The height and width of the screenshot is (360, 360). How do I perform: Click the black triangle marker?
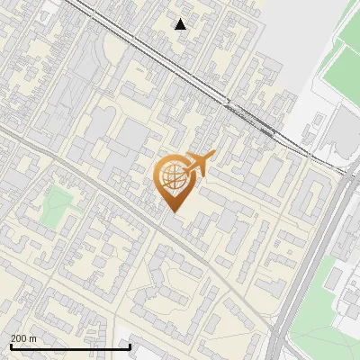(181, 24)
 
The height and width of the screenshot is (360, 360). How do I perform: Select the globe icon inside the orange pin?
(173, 178)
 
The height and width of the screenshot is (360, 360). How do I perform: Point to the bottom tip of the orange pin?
(173, 211)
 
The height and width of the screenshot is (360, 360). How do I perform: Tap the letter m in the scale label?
(33, 338)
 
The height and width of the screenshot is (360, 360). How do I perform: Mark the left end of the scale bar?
(11, 346)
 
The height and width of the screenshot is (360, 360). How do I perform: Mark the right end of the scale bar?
(130, 346)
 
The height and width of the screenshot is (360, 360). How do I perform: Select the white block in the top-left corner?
(18, 7)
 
